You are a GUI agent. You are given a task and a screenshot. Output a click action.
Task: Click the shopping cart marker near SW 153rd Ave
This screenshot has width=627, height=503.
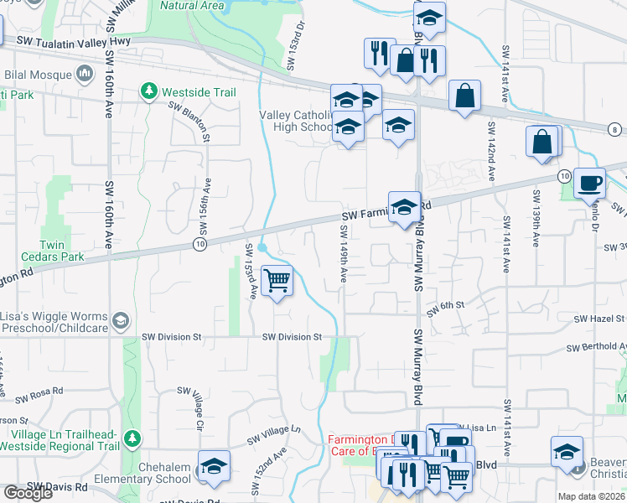tap(277, 281)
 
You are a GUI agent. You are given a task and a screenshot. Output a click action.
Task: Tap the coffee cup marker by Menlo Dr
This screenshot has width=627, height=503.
tap(589, 182)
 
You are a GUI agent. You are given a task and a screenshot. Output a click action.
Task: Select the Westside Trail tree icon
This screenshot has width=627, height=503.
tap(150, 89)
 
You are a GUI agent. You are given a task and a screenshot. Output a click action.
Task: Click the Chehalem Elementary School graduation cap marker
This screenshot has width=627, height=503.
tap(214, 467)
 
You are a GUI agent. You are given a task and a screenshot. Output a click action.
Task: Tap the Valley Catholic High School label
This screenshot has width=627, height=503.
tap(297, 121)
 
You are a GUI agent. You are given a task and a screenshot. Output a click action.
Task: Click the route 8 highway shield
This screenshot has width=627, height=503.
tap(615, 129)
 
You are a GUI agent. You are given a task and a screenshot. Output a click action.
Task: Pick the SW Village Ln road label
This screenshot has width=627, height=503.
tap(273, 434)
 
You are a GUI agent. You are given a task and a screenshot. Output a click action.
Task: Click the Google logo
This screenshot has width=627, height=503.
tap(27, 493)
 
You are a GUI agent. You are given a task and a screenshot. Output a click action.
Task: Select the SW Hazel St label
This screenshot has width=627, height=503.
tap(599, 319)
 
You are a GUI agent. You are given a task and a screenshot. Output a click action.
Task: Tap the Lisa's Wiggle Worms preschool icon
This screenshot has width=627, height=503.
tap(122, 320)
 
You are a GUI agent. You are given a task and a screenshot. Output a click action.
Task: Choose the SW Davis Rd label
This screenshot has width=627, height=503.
tap(57, 486)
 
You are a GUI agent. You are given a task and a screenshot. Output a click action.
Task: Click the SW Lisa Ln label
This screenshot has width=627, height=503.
tap(480, 428)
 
